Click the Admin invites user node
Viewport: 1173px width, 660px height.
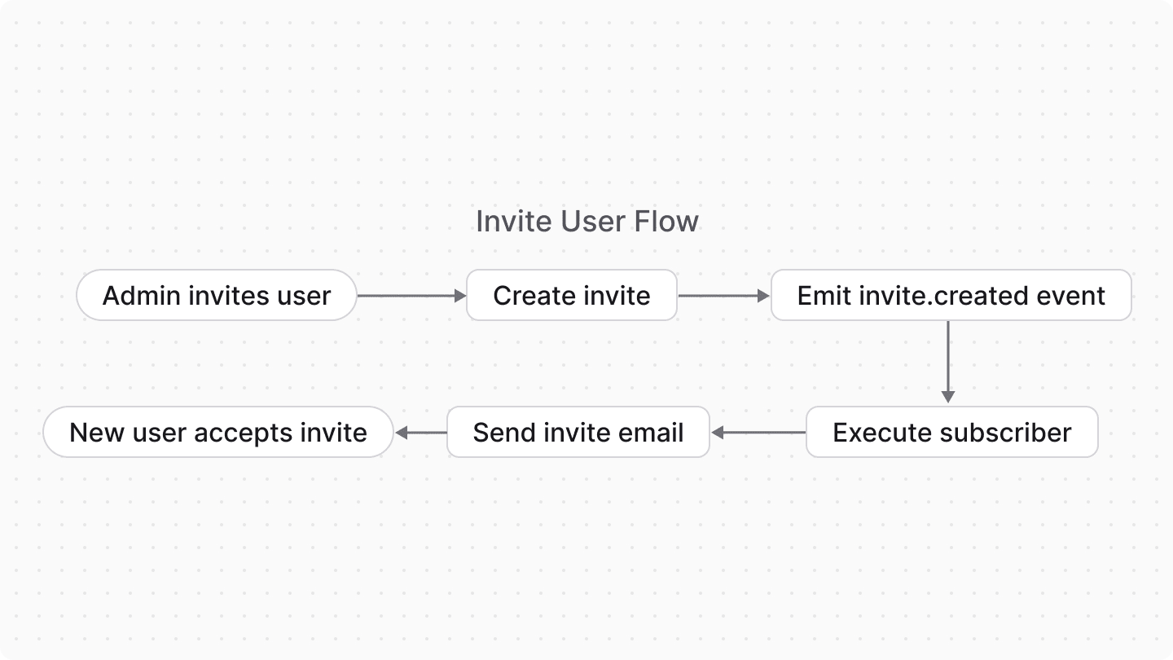tap(217, 295)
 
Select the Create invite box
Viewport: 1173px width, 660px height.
tap(571, 295)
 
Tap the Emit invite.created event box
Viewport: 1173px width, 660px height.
tap(951, 295)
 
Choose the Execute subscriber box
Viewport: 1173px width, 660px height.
tap(951, 432)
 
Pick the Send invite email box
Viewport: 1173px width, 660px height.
tap(578, 432)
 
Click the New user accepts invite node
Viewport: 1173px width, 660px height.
tap(217, 432)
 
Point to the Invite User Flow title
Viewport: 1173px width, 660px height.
tap(586, 221)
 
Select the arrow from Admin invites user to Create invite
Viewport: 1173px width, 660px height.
tap(411, 296)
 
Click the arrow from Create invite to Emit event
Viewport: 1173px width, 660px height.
tap(723, 296)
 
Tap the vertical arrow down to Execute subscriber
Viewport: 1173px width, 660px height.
tap(948, 361)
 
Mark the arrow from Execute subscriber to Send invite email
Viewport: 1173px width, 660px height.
tap(758, 433)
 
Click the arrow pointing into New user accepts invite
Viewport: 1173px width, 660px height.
tap(420, 433)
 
